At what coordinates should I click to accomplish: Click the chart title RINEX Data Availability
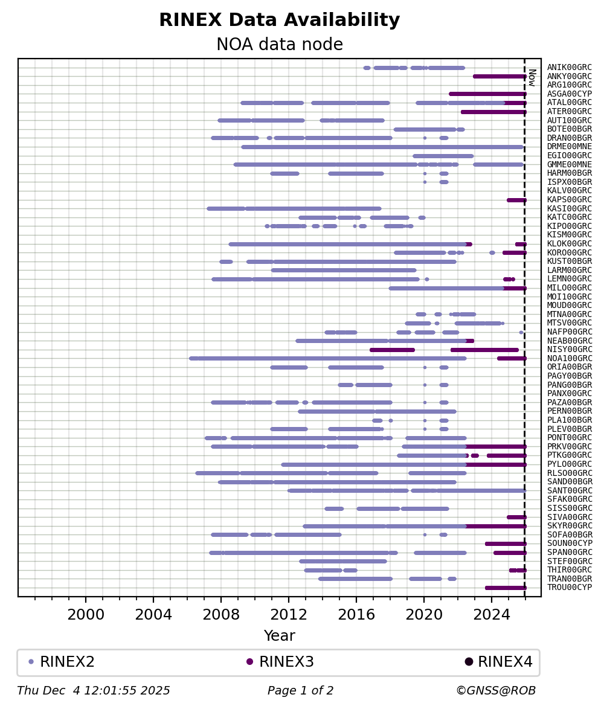[279, 20]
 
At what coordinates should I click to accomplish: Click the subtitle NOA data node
[279, 45]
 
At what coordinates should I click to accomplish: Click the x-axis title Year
[279, 636]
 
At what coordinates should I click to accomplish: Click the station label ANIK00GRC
[569, 68]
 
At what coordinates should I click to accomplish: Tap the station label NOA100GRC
[569, 359]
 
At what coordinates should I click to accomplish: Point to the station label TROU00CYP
[569, 588]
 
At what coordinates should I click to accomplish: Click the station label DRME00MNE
[569, 147]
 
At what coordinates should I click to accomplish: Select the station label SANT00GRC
[569, 491]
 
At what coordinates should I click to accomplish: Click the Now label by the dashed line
[532, 77]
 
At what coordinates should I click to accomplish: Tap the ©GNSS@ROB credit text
[496, 691]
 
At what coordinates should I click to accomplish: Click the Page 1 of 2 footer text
[300, 691]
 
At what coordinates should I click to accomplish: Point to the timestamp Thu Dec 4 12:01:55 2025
[94, 691]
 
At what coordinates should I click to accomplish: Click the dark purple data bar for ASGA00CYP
[487, 94]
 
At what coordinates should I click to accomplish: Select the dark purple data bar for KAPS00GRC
[516, 200]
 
